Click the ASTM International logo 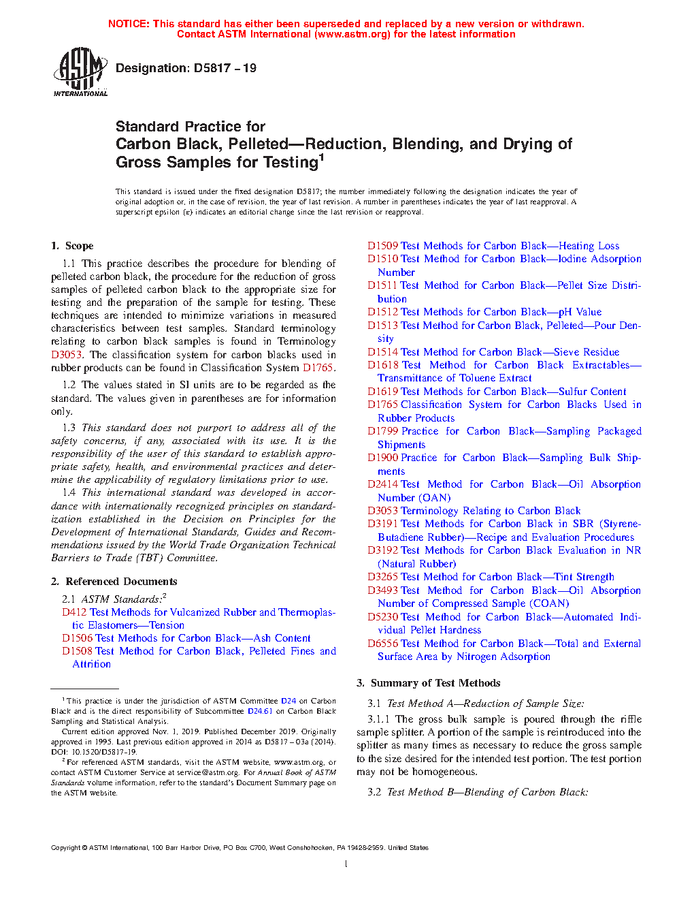point(80,72)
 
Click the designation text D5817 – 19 point(186,68)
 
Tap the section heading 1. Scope point(72,246)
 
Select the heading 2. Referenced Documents point(114,582)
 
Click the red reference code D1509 point(382,246)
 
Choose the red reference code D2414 point(382,484)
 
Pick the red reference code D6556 point(382,644)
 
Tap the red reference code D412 point(74,612)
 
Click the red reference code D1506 point(77,638)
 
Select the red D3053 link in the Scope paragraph point(67,355)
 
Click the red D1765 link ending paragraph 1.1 point(318,368)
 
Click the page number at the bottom point(346,864)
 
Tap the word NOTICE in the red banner point(129,24)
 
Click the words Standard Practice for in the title point(191,127)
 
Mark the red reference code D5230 point(382,617)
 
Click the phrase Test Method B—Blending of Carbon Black point(487,792)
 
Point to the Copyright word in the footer point(65,848)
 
